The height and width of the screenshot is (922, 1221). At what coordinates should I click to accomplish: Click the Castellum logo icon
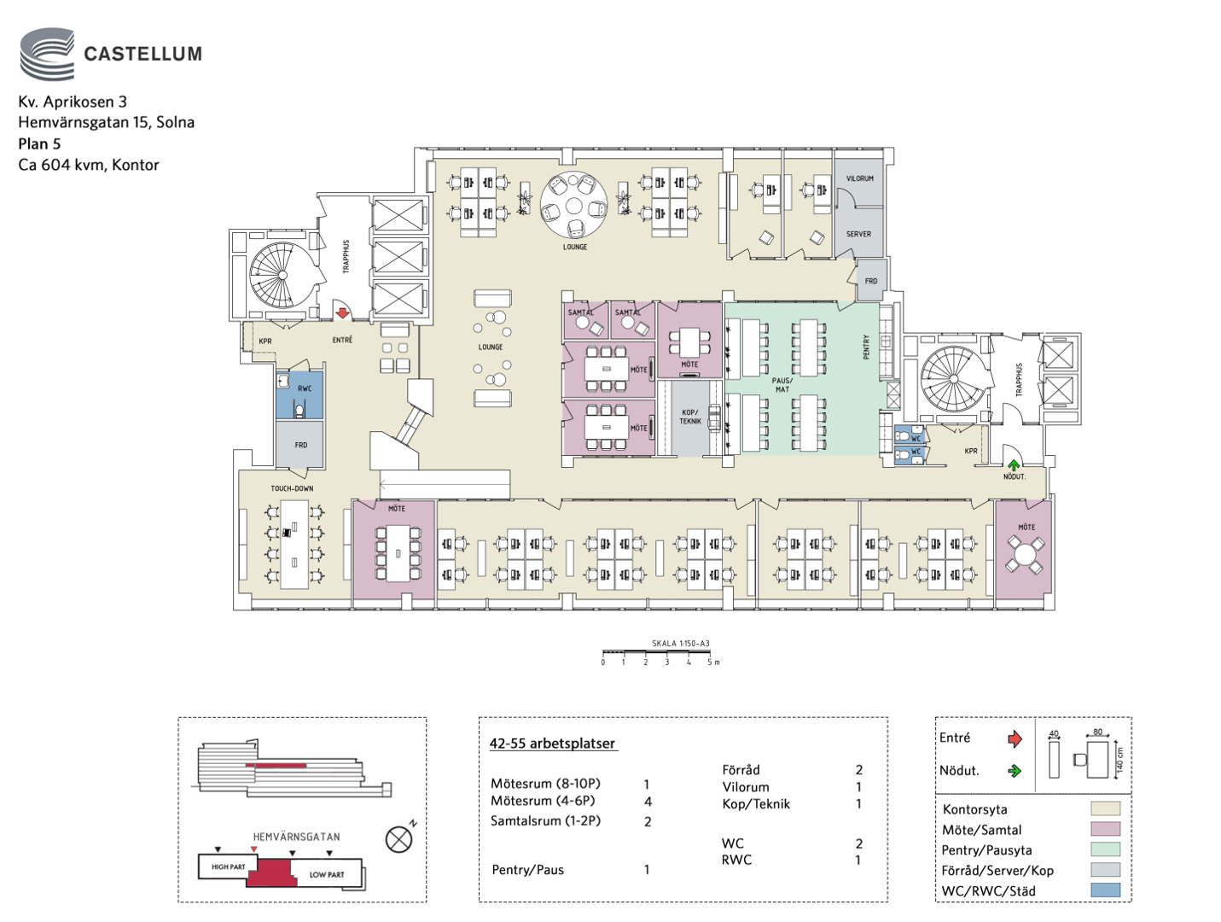[x=47, y=54]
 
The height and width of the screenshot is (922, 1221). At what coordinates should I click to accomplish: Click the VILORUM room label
[x=859, y=178]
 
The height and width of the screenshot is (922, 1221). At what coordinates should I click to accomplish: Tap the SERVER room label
[x=858, y=234]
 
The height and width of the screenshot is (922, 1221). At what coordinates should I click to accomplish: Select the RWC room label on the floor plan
[x=305, y=388]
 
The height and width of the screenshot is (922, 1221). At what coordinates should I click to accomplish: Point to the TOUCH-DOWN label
[x=292, y=488]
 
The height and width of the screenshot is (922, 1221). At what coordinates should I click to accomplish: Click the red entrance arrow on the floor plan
[x=342, y=313]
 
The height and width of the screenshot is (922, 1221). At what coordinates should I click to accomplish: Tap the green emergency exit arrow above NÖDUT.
[x=1014, y=465]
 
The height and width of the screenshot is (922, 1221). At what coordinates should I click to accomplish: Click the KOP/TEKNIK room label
[x=689, y=417]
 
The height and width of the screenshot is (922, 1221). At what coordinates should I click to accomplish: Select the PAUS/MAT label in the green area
[x=782, y=384]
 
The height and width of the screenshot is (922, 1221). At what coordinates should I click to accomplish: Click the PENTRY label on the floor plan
[x=867, y=346]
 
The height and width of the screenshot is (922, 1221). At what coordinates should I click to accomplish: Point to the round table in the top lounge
[x=573, y=206]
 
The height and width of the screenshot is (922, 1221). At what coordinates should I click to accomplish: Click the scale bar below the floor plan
[x=658, y=653]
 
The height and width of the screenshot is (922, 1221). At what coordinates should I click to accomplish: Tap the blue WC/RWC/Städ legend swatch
[x=1106, y=890]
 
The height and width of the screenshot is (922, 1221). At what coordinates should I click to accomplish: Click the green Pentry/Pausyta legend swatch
[x=1106, y=849]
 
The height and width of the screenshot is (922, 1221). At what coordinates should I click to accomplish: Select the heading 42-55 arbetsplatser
[x=552, y=743]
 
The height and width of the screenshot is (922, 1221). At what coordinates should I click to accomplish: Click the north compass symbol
[x=398, y=839]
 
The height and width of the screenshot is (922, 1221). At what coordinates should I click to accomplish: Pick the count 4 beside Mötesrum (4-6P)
[x=648, y=802]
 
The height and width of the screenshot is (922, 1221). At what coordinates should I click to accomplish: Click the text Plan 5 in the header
[x=39, y=143]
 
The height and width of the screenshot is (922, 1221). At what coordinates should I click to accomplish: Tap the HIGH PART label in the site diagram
[x=228, y=867]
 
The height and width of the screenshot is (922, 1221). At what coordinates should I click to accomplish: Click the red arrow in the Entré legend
[x=1015, y=738]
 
